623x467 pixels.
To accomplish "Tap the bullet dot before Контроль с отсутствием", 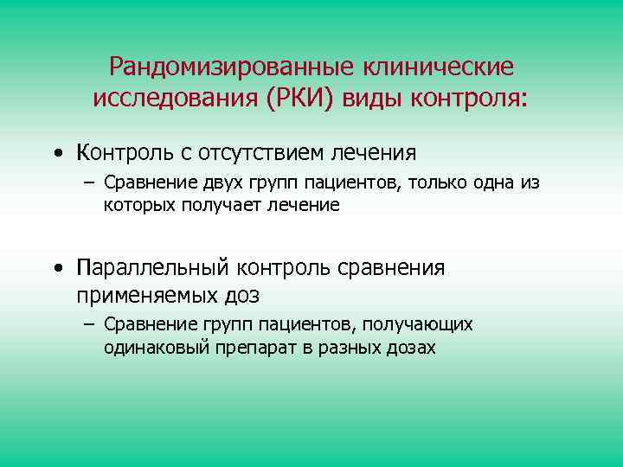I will point(56,154).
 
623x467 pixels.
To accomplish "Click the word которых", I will point(140,205).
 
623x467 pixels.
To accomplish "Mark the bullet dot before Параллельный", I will point(56,268).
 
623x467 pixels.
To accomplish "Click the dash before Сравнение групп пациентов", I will point(88,325).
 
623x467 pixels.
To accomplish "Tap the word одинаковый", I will point(150,347).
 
